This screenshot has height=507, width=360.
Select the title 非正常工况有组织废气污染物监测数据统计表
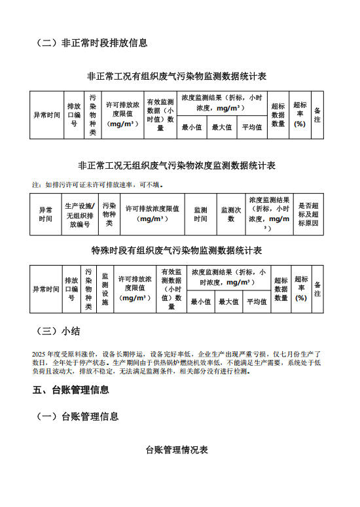click(x=177, y=77)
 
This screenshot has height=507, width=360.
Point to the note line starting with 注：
click(x=98, y=184)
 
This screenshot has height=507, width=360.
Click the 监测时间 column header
click(x=200, y=215)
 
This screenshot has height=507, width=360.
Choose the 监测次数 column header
click(x=230, y=215)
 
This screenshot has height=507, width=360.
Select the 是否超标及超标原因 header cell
click(x=308, y=215)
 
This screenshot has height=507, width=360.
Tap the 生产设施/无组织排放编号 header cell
click(x=79, y=215)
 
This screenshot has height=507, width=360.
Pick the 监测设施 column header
click(x=105, y=288)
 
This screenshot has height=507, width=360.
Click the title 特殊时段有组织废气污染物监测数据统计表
click(x=177, y=251)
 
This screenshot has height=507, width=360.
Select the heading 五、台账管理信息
click(x=71, y=390)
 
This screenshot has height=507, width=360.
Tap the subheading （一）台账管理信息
click(x=77, y=416)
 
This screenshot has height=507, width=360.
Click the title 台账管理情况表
click(x=177, y=450)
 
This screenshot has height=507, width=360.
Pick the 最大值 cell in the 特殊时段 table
click(x=228, y=302)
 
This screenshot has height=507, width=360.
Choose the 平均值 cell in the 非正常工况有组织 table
click(x=251, y=127)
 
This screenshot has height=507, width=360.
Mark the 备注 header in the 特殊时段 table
click(x=317, y=288)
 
